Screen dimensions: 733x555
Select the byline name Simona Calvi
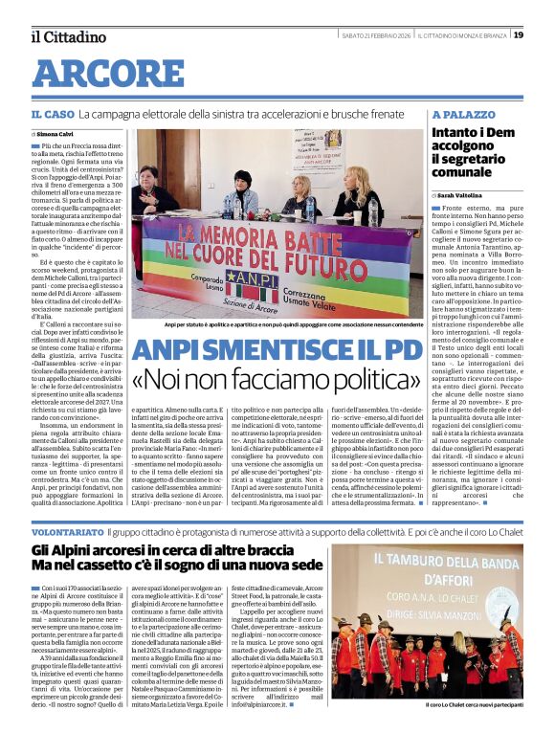pos(60,135)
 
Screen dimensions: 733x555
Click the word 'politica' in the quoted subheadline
pos(369,380)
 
